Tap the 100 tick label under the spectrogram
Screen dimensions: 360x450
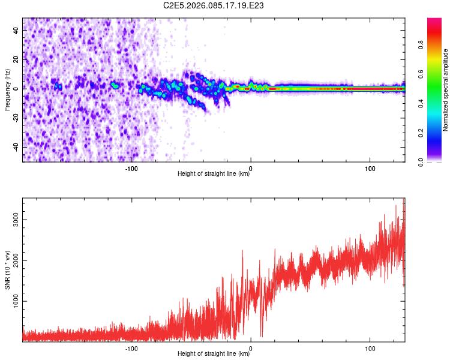[x=370, y=168]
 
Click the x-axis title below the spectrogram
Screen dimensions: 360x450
[x=214, y=175]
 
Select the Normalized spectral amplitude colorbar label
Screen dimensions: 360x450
[x=446, y=90]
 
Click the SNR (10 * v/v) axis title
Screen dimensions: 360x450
[x=7, y=270]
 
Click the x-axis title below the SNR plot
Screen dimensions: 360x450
[x=214, y=355]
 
